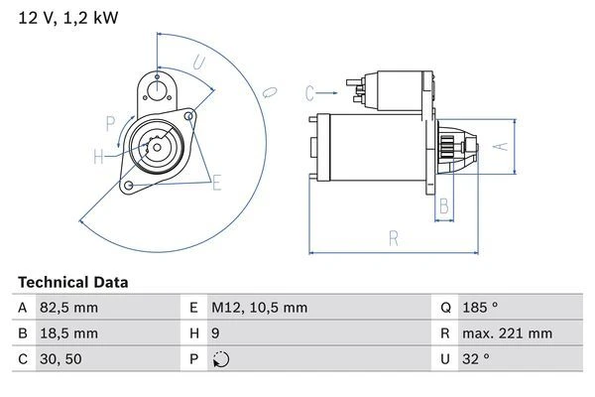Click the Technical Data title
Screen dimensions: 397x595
(73, 282)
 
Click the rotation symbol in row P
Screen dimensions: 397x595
(221, 359)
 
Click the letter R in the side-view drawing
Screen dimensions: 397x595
(394, 238)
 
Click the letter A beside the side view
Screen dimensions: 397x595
(501, 146)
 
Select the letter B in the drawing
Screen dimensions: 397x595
(445, 206)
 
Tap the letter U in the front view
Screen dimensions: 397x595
(198, 63)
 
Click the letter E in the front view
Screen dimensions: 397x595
(216, 181)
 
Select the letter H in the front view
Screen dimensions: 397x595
(98, 156)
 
